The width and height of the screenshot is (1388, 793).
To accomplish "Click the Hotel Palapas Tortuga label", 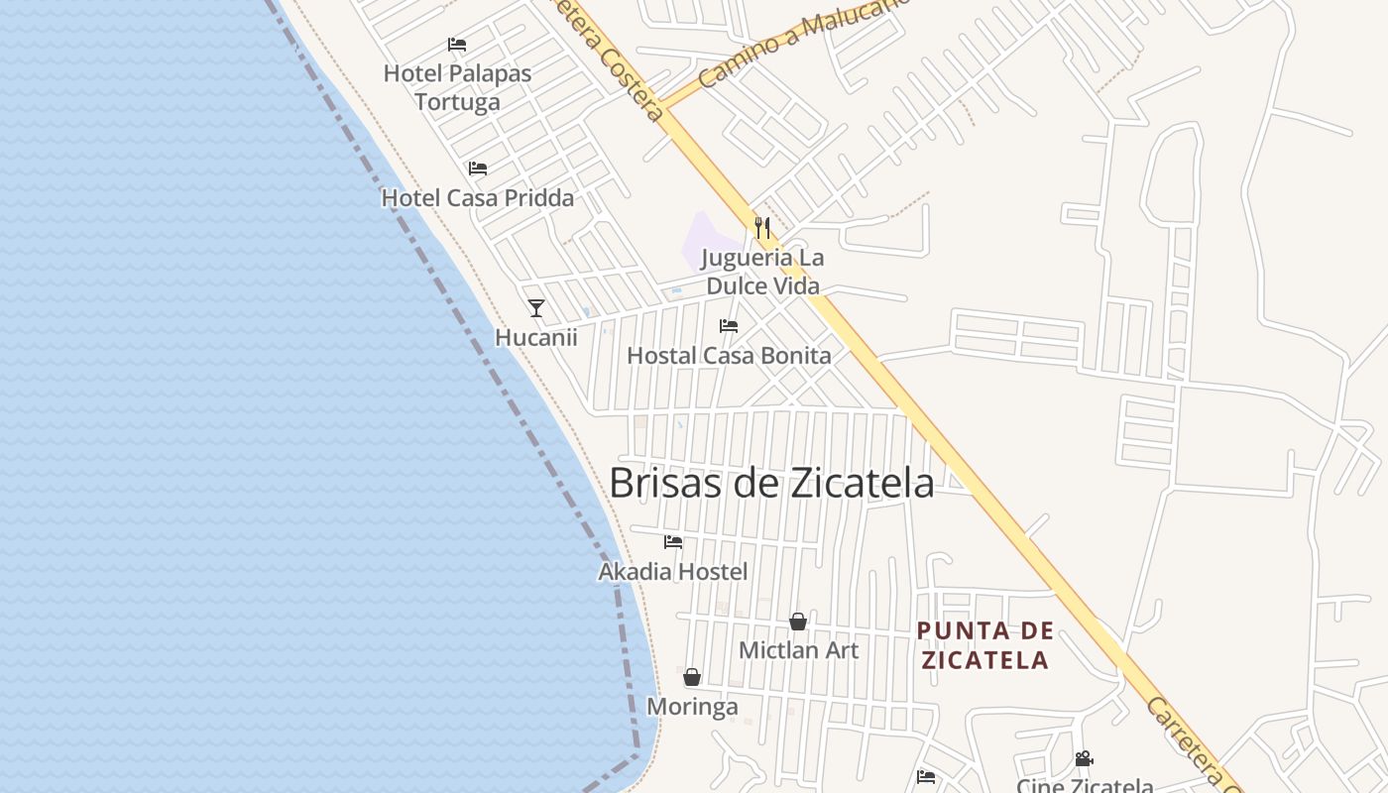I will coord(457,87).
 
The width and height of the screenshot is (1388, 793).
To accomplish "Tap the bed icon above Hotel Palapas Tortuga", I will coord(457,45).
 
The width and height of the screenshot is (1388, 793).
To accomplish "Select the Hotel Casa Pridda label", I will coord(478,198).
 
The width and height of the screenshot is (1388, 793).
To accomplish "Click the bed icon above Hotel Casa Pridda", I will coord(478,169).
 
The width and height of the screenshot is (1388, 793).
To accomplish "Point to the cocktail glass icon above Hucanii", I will coord(536,308).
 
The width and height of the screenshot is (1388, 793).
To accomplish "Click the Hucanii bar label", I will coord(536,337).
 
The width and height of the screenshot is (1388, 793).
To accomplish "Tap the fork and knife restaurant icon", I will coord(761,228).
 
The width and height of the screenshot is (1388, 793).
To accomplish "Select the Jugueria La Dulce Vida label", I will coord(762,272).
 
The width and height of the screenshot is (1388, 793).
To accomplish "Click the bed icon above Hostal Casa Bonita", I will coord(729,326).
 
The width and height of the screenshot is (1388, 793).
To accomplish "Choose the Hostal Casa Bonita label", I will coord(729,355).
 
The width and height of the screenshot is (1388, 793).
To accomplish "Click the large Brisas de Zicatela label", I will coord(771,483).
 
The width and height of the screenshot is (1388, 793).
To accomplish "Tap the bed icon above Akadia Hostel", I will coord(673,542).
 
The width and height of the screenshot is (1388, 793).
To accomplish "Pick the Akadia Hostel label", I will coord(673,572).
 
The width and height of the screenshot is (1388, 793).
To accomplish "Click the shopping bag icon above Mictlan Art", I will coord(798,622).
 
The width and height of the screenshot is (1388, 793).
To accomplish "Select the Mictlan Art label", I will coord(799,650).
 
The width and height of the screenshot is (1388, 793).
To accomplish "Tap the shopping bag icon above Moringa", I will coord(692,677).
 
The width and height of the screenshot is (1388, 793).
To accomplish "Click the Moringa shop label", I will coord(692,707).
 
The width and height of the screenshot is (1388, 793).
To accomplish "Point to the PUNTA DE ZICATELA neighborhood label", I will coord(984,645).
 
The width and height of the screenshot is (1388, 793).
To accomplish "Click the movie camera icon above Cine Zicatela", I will coord(1084,759).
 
